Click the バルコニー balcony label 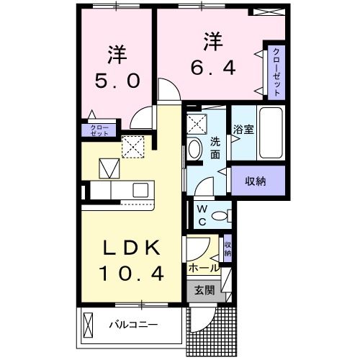pyautogui.click(x=133, y=324)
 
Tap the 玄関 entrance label pyautogui.click(x=204, y=291)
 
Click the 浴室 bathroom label pyautogui.click(x=243, y=130)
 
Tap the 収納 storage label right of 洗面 pyautogui.click(x=256, y=181)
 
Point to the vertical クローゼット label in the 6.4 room pyautogui.click(x=276, y=73)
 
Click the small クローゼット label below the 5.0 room pyautogui.click(x=100, y=130)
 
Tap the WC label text pyautogui.click(x=202, y=216)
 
